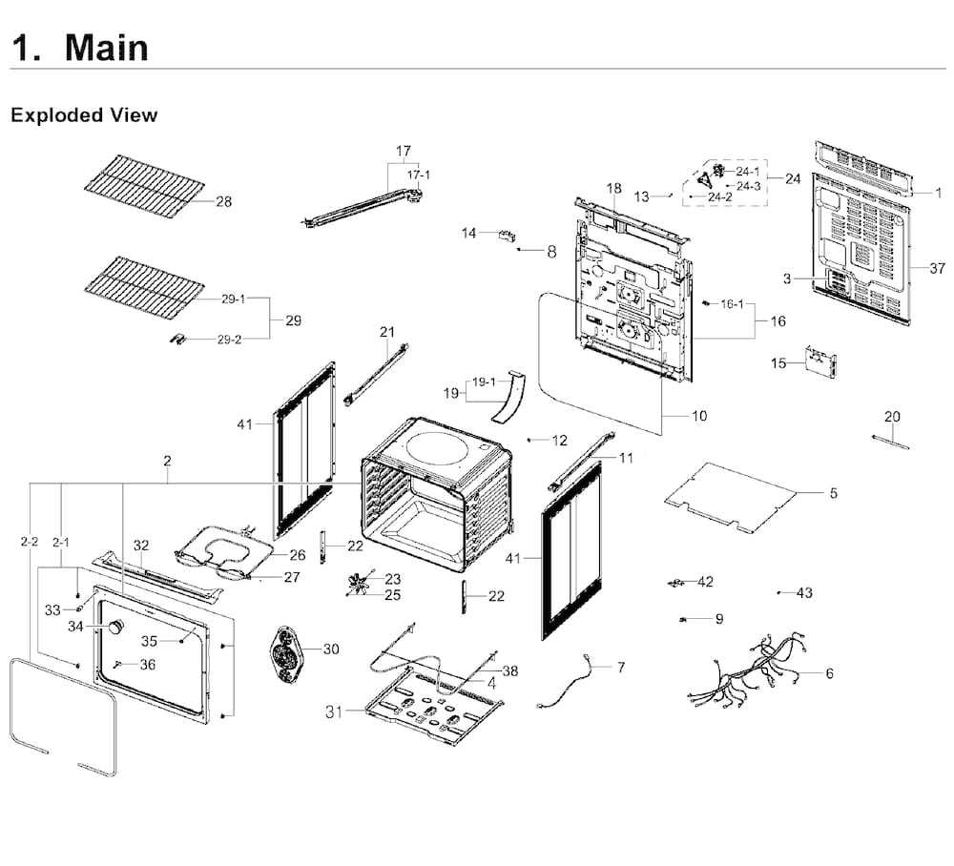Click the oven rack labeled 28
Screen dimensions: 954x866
tap(144, 185)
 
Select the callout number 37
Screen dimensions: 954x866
tap(937, 268)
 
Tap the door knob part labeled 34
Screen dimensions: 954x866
tap(115, 627)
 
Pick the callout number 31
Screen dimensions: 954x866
tap(334, 711)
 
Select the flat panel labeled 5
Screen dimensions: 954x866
tap(730, 498)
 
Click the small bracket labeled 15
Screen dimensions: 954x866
tap(820, 362)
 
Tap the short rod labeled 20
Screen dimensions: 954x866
tap(890, 442)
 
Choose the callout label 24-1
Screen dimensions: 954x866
tap(748, 172)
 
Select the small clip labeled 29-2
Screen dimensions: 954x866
tap(177, 339)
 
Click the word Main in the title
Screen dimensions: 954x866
tap(107, 48)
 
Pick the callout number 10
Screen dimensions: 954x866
tap(699, 416)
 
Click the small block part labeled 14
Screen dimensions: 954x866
tap(507, 236)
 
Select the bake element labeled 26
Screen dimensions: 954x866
tap(222, 550)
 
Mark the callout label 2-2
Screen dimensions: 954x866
tap(30, 542)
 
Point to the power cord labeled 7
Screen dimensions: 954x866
tap(564, 681)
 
